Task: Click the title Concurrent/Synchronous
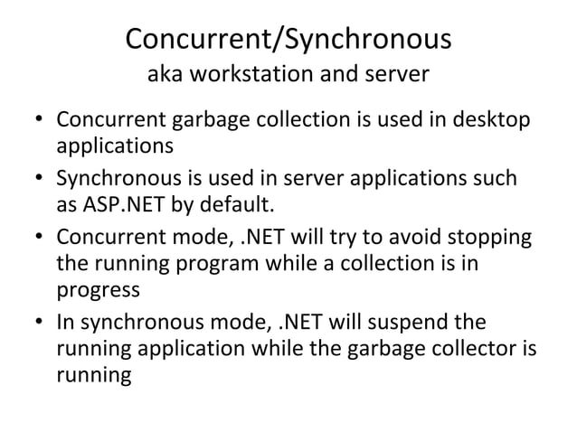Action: coord(288,40)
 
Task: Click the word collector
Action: coord(476,348)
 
